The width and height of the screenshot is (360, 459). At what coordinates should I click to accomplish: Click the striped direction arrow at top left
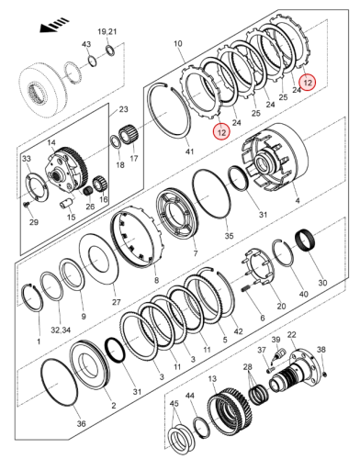pos(54,26)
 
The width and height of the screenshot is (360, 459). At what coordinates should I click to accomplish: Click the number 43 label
pos(86,44)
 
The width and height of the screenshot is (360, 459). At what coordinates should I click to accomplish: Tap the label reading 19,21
pos(107,32)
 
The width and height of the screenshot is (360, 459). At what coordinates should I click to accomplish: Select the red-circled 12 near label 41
pos(221,132)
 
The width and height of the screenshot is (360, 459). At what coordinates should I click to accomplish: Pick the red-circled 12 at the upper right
pos(307,83)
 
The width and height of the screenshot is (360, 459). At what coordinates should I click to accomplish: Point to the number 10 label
pos(178,43)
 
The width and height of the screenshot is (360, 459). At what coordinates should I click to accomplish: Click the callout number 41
pos(190,151)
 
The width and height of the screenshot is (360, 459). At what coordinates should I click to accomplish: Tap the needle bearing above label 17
pos(129,134)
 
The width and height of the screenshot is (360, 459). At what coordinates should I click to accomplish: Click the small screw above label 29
pos(26,205)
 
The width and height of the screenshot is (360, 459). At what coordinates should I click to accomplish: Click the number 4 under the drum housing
pos(298,201)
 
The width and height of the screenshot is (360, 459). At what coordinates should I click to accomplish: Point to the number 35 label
pos(229,236)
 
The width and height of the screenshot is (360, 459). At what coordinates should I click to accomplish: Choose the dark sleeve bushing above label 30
pos(306,241)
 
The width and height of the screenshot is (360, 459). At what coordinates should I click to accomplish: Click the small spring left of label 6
pos(247,288)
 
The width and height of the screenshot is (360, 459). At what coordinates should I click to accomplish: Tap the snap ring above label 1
pos(33,298)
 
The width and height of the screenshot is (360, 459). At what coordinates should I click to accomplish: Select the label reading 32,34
pos(61,330)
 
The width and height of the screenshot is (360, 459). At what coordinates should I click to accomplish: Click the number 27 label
pos(117,302)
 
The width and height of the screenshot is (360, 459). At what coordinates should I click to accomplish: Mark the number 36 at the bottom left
pos(81,423)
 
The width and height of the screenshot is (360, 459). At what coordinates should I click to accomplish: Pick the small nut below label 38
pos(325,374)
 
